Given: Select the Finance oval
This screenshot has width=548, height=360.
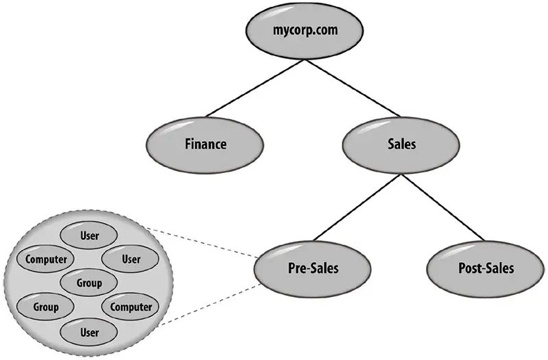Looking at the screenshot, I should (205, 145).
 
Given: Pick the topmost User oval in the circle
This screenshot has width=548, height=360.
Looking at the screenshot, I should (90, 236).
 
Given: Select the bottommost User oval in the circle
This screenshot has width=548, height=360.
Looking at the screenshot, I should (90, 333).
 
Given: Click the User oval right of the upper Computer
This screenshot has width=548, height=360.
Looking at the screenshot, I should (131, 259).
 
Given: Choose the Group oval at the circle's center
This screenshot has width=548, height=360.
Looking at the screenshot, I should (90, 283).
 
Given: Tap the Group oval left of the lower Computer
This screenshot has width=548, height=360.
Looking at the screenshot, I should (46, 307).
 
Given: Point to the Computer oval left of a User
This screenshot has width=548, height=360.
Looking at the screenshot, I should (47, 259).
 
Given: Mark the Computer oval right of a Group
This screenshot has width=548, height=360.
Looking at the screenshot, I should (131, 307).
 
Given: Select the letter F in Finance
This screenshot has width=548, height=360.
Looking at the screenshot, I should (188, 145).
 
